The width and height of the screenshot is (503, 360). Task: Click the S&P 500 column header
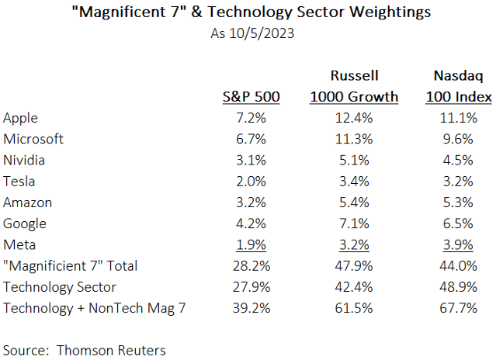250,97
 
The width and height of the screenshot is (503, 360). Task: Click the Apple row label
22,118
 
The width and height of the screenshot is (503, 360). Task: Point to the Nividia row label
25,161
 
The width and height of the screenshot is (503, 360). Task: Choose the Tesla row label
20,182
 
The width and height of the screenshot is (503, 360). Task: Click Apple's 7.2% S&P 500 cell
251,118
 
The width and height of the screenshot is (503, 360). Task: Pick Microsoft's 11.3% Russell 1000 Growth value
353,140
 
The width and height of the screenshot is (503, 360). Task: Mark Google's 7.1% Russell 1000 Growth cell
353,224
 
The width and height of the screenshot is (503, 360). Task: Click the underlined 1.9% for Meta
251,245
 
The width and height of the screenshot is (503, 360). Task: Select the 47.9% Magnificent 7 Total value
353,266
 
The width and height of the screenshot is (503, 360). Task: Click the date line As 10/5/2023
251,33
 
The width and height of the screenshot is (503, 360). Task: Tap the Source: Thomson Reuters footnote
85,350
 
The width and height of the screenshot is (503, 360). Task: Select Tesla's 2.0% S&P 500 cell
251,182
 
